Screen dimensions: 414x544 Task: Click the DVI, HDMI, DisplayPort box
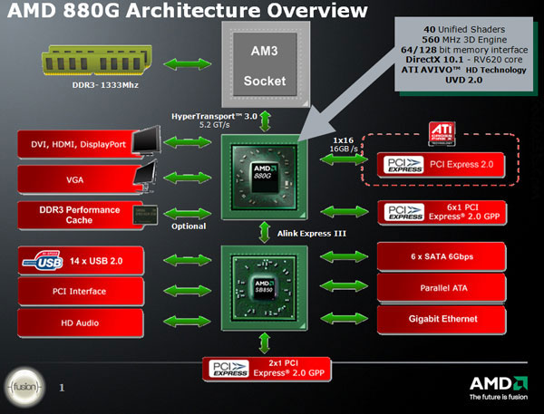point(81,142)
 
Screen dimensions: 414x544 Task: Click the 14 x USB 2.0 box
point(81,262)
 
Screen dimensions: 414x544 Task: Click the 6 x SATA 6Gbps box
point(440,257)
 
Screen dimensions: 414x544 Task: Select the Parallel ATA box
point(440,288)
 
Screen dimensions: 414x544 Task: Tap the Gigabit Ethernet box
point(440,319)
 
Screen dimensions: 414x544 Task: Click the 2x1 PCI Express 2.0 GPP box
point(267,369)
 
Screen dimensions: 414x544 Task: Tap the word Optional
point(189,226)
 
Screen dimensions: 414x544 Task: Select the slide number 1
point(62,388)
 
